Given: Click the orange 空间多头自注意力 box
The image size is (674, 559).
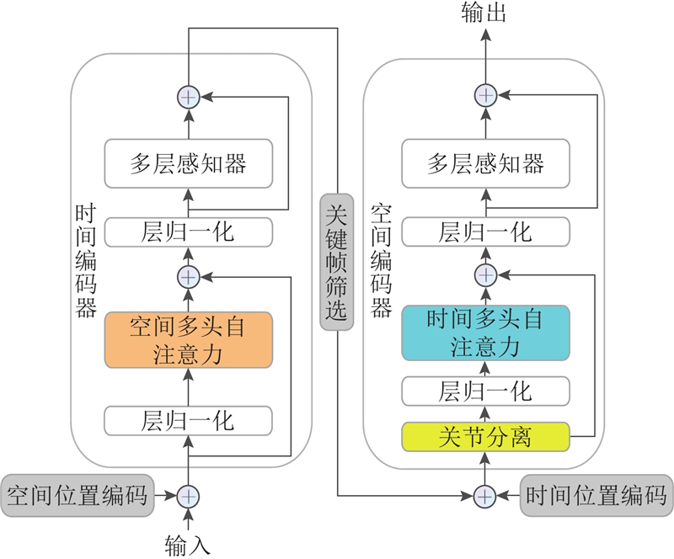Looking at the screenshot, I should point(188,340).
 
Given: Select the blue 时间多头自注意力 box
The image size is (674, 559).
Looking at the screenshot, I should point(485,333).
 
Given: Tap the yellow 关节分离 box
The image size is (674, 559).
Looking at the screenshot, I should point(485,437).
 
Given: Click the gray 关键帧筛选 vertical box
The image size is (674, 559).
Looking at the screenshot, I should point(336,261).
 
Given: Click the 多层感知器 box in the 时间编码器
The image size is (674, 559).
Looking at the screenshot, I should point(188,163).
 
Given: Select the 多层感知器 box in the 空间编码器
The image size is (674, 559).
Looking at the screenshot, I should point(485,163).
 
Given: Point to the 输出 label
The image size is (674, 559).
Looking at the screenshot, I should point(484,14).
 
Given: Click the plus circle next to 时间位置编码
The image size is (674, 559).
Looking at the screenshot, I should point(484,496).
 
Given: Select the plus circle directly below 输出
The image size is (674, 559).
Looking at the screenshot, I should point(484,95).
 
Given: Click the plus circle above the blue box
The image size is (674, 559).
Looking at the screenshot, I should point(484,274).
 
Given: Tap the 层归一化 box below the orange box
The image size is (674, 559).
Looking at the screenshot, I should point(188,419).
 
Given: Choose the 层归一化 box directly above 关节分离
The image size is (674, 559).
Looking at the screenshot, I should point(485,391).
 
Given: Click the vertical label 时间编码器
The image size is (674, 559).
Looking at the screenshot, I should point(85,261).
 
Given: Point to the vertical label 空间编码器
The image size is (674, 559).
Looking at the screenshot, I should point(382,261).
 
